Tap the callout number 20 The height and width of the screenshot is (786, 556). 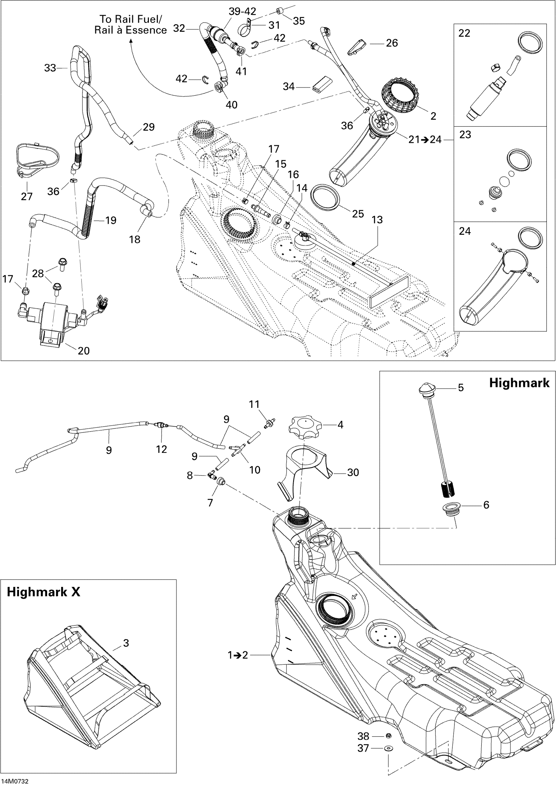[83, 350]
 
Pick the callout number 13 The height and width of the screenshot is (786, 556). [377, 220]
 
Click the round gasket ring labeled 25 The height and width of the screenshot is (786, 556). [325, 197]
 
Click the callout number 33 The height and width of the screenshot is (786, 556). [50, 68]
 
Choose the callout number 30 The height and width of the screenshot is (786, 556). [353, 472]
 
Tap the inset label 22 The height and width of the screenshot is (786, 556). [464, 33]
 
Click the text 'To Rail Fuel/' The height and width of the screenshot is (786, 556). [131, 19]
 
